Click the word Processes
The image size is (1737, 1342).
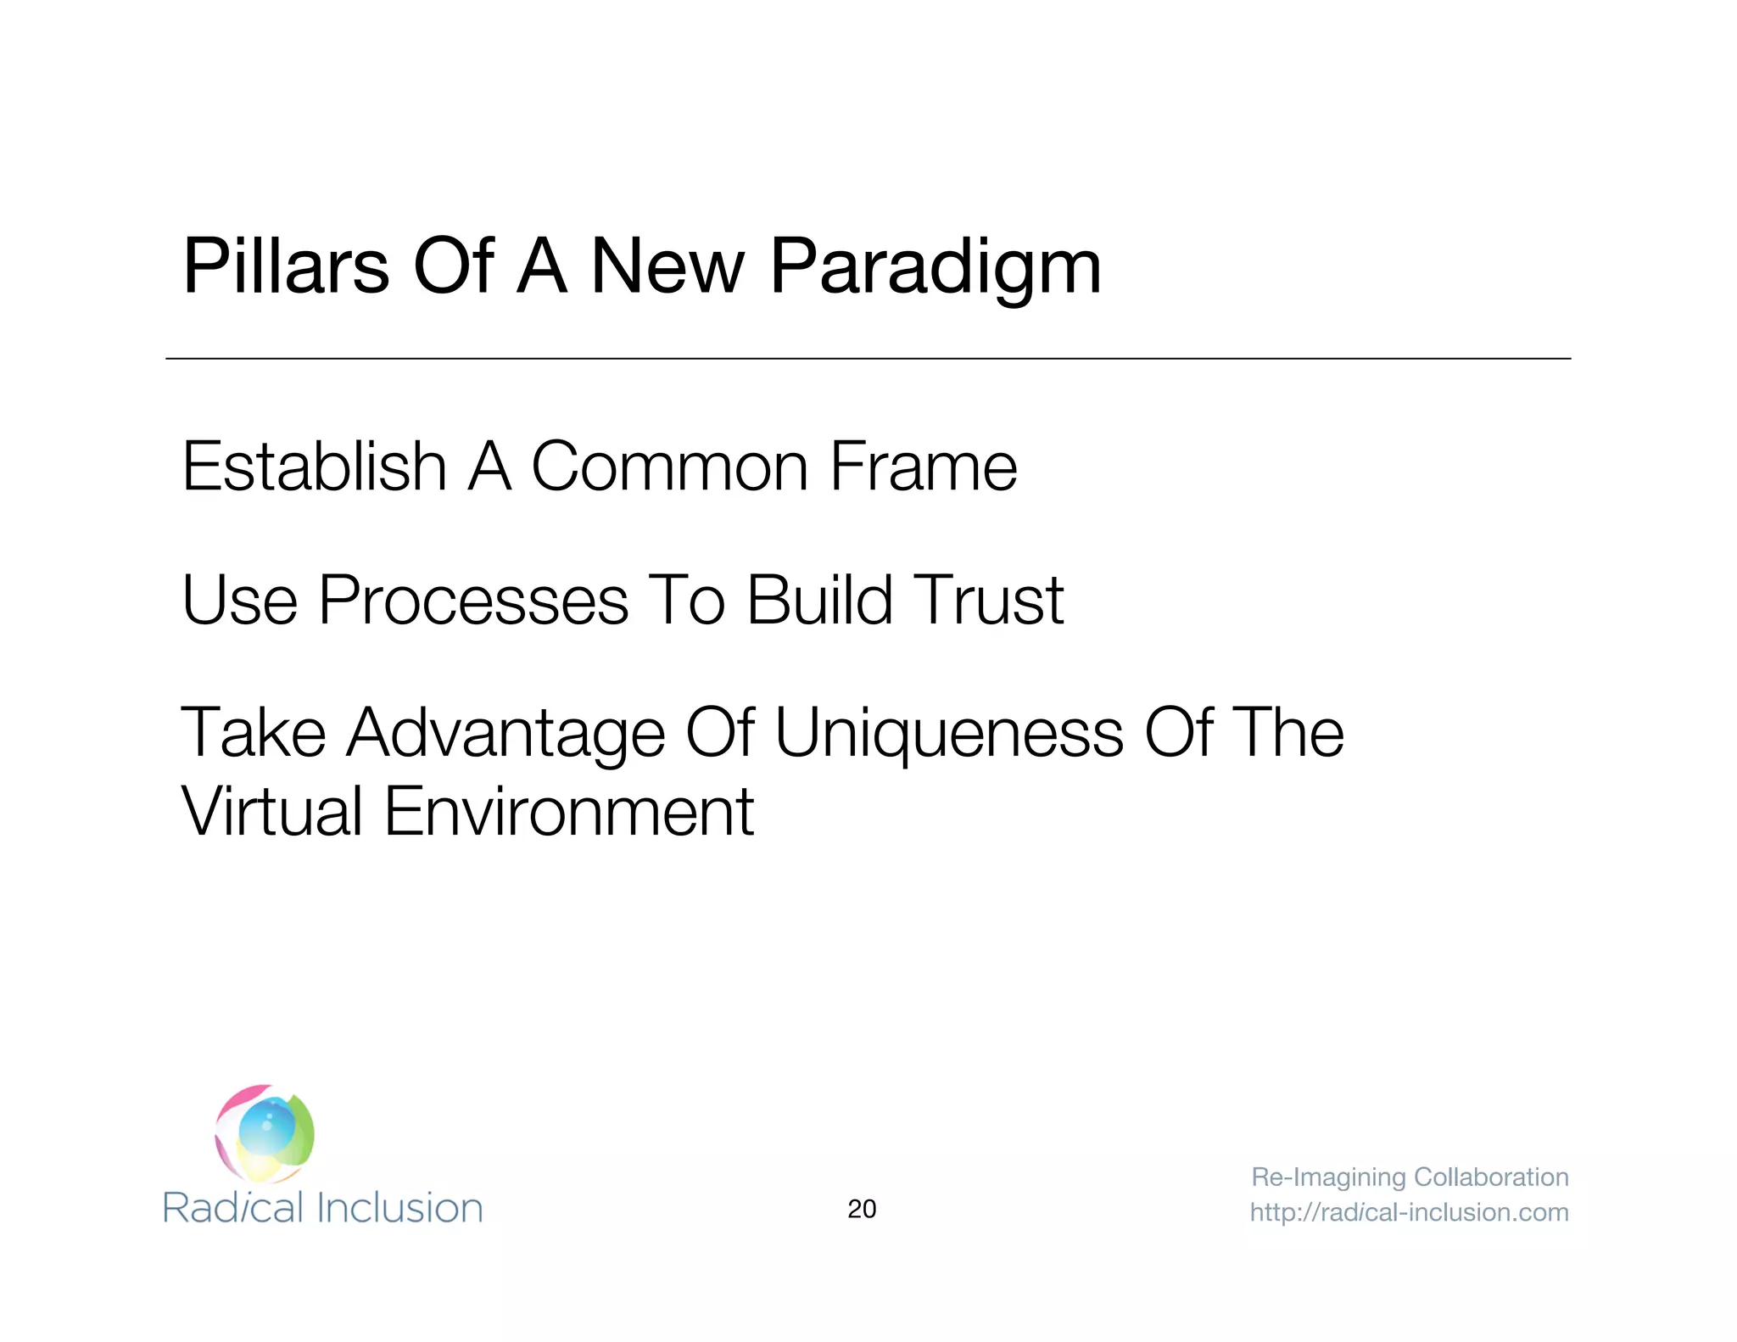click(x=473, y=600)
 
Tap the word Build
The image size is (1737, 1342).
click(x=819, y=600)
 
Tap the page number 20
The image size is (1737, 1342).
click(x=862, y=1209)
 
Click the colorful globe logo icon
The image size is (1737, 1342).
click(x=265, y=1133)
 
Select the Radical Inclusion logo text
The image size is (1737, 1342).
click(x=322, y=1208)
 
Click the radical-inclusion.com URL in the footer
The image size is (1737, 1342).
click(x=1409, y=1212)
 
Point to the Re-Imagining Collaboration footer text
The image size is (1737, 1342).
click(x=1410, y=1177)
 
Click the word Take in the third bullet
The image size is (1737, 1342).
click(x=254, y=733)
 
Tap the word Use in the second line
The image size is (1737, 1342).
click(x=239, y=600)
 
